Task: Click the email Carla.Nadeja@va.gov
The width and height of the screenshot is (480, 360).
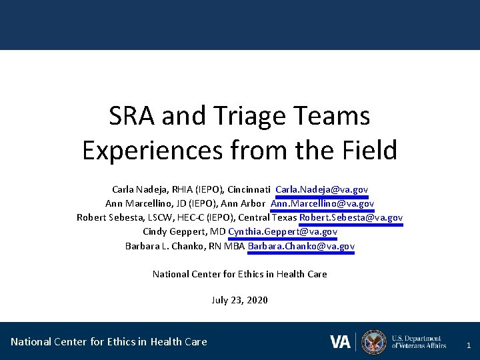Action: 321,189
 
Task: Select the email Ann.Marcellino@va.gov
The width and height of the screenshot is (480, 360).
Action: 322,203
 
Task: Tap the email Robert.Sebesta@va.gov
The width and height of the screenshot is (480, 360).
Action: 351,217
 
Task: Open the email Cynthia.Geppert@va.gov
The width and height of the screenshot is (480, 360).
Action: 283,232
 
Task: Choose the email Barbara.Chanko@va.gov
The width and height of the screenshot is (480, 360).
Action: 301,246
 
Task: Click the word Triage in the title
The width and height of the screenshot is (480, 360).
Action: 245,116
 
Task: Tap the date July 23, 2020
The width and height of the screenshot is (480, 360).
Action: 239,300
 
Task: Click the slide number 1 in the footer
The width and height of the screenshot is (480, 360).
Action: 469,345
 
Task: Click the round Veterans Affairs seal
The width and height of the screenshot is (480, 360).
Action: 374,342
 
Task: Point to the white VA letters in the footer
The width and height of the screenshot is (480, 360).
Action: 340,342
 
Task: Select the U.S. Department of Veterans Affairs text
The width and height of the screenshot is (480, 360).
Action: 419,342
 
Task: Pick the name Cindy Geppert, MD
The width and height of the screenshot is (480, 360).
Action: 184,232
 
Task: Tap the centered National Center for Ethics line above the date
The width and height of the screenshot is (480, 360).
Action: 239,274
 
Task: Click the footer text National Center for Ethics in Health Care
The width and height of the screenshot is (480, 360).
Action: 109,342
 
